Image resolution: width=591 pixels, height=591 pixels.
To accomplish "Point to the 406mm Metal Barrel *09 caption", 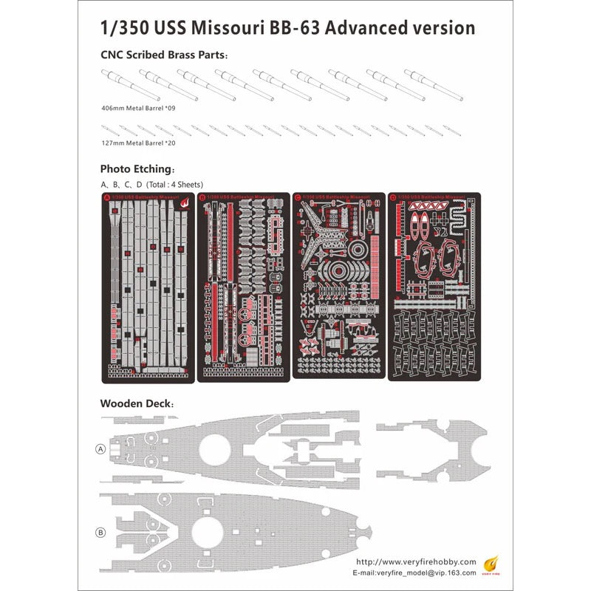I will click(x=138, y=108).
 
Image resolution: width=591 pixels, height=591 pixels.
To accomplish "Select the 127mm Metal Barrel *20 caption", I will click(x=138, y=143).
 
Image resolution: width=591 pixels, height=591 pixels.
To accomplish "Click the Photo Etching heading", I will click(x=137, y=168).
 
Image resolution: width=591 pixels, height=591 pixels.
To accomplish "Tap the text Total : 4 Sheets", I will click(x=174, y=184).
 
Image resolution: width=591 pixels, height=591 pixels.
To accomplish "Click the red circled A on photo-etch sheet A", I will click(x=107, y=198).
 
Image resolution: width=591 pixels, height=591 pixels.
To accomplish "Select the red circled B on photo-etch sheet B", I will click(x=204, y=198).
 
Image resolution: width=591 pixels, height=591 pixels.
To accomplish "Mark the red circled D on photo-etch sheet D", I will click(x=392, y=198).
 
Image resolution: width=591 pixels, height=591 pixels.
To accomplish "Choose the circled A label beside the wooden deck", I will click(x=100, y=448).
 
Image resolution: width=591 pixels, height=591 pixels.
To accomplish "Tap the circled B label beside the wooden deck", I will click(x=100, y=533).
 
